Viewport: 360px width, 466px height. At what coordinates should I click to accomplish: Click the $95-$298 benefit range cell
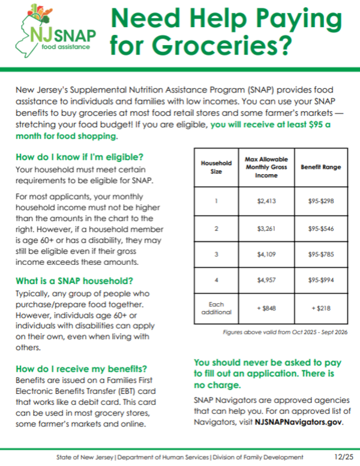pos(320,201)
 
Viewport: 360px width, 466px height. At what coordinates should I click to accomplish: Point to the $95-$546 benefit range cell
pos(320,228)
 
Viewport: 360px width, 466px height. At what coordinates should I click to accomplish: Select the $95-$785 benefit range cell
pos(320,255)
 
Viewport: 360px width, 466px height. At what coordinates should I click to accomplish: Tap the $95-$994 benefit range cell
pos(320,280)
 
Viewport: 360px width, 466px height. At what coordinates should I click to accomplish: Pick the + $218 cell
pos(320,307)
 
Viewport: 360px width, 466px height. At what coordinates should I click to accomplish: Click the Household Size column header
pos(216,167)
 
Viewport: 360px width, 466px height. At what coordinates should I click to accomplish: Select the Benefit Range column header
pos(320,167)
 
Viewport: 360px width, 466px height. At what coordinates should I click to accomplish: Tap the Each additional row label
pos(216,307)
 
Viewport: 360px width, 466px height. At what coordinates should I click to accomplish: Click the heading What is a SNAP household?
pos(74,281)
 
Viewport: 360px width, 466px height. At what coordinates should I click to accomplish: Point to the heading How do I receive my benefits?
pos(81,369)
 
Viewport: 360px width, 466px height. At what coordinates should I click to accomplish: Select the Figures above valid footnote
pos(285,332)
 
